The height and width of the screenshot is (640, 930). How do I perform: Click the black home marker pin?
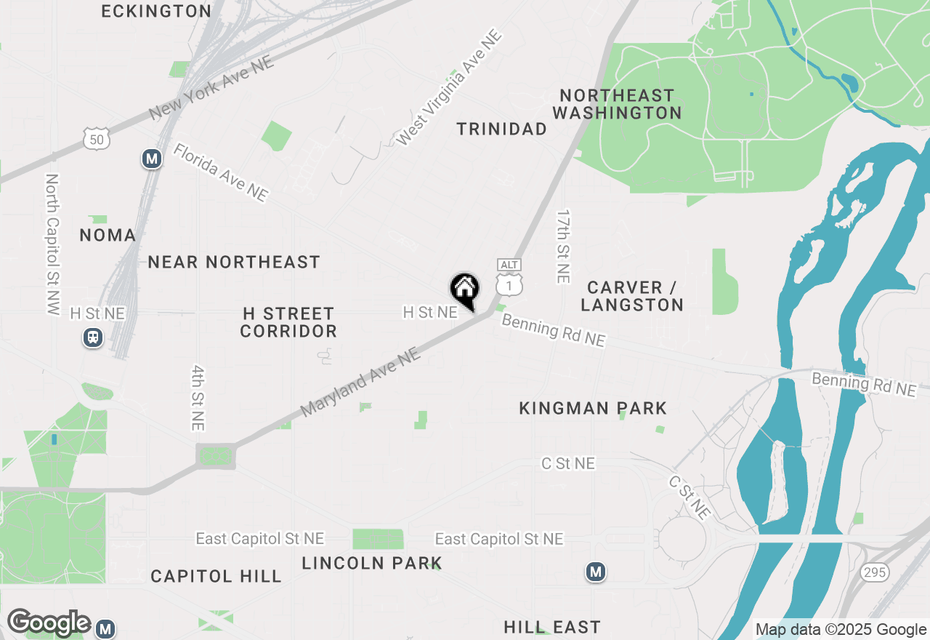point(464,290)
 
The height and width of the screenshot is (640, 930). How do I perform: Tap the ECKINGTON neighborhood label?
point(156,11)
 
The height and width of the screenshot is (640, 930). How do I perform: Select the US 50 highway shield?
point(96,138)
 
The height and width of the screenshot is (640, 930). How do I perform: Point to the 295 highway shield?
point(875,572)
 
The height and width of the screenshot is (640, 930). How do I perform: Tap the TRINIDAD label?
point(501,129)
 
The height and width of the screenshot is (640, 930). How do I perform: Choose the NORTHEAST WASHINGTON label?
point(617,104)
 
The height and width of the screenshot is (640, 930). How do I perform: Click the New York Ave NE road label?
point(211,89)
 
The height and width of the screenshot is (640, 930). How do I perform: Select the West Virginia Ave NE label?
point(449,87)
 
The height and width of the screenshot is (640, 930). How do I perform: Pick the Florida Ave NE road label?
point(221,172)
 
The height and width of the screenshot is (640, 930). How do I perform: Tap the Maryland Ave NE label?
point(360,382)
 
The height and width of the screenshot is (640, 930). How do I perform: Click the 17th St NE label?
point(563,247)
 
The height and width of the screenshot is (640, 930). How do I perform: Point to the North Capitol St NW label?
point(52,244)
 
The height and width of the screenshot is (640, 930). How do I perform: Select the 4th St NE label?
point(198,398)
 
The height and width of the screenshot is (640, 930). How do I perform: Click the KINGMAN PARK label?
point(593,409)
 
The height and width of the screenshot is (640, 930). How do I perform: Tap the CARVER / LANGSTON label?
point(632,296)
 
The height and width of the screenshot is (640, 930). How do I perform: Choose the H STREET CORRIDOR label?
point(288,322)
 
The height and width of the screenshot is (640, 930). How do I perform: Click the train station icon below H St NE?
point(93,337)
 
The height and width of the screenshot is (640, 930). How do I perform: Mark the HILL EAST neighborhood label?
point(552,627)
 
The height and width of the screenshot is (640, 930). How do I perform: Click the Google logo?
point(49,623)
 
